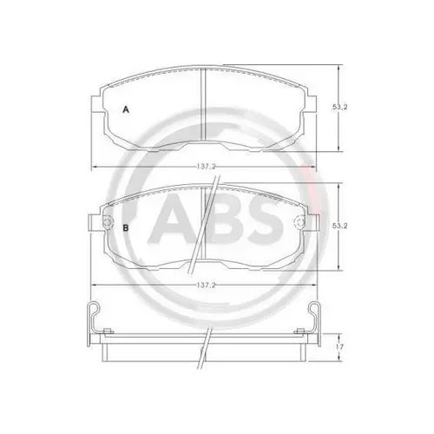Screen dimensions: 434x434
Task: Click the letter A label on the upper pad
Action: click(126, 109)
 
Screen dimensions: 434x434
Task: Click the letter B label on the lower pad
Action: click(126, 227)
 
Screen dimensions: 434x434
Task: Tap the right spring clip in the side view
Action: click(313, 317)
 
